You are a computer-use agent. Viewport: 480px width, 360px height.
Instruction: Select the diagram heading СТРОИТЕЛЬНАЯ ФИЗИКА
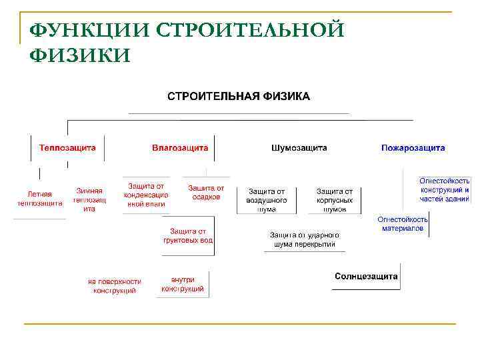point(238,96)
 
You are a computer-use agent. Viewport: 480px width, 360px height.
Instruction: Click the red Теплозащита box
point(67,147)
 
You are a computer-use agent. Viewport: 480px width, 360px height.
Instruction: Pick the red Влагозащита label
point(180,147)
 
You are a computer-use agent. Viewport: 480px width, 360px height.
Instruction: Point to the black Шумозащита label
point(299,147)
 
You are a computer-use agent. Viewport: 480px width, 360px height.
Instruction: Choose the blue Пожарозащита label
point(413,147)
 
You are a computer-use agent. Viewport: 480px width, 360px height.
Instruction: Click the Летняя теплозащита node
point(40,198)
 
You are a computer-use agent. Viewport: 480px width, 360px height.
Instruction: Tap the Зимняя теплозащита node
point(89,199)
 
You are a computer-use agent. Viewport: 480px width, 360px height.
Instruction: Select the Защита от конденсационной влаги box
point(145,195)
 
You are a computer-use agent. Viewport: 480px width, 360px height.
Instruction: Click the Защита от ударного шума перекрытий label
point(305,239)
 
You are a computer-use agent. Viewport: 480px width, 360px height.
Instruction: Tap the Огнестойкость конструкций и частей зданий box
point(445,189)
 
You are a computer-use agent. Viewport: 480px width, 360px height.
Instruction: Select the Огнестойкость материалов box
point(403,223)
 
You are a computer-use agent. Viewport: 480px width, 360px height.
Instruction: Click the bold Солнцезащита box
point(366,276)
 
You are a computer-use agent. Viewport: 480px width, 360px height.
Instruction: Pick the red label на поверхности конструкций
point(115,286)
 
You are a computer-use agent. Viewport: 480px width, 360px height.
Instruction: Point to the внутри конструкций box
point(182,284)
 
